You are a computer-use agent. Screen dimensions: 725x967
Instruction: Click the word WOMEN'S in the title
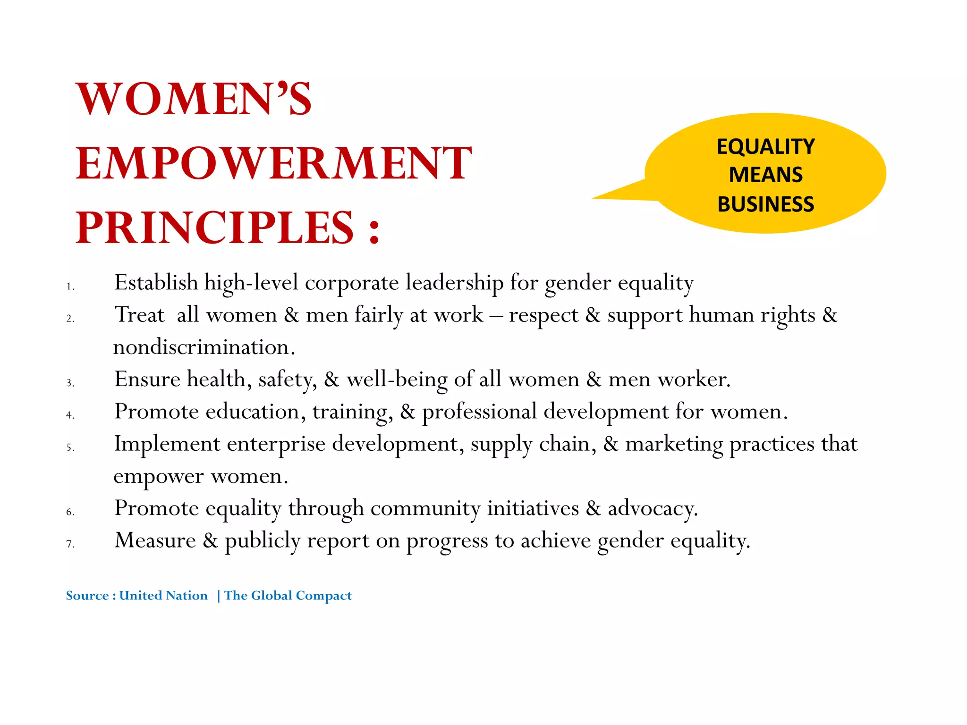[194, 99]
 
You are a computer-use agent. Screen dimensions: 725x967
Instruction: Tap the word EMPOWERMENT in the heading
[274, 163]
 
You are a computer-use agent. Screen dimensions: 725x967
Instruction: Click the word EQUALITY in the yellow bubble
[765, 147]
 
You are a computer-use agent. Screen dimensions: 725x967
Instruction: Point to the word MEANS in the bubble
[765, 175]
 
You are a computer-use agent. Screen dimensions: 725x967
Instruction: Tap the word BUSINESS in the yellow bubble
[765, 204]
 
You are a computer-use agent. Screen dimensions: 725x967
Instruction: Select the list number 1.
[70, 287]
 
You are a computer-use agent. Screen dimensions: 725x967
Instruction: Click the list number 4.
[70, 415]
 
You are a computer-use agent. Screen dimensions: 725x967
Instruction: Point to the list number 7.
[70, 544]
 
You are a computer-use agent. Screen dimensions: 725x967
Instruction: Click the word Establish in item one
[156, 283]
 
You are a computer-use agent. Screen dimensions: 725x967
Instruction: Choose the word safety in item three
[288, 379]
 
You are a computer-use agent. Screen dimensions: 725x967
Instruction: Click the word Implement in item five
[167, 444]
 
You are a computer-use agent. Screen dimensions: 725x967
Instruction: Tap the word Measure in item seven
[155, 540]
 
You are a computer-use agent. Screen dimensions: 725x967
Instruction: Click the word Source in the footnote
[87, 596]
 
